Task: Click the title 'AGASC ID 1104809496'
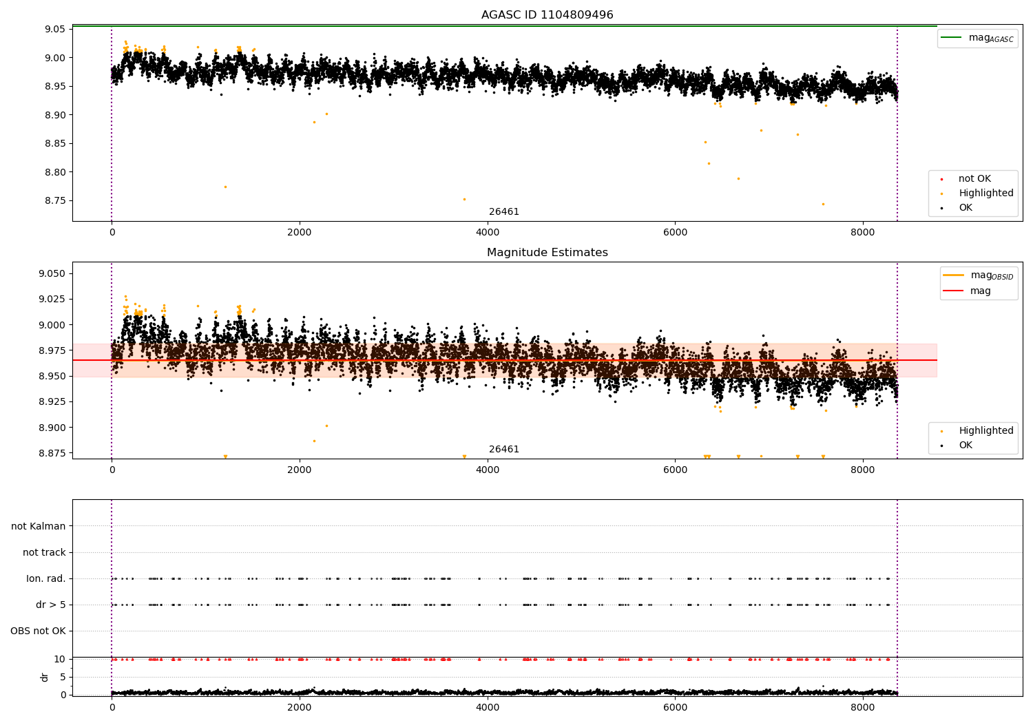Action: pos(547,15)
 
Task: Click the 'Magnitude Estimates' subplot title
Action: pos(547,253)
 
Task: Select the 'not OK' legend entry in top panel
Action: pos(974,179)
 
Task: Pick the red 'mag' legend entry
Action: pos(980,291)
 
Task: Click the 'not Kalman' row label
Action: pos(39,527)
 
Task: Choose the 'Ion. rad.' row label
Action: pos(46,579)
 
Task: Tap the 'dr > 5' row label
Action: pos(51,605)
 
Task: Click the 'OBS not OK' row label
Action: pos(38,631)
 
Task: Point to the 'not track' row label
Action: pos(44,553)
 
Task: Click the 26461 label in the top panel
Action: pos(504,212)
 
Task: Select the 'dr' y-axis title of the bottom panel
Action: pos(45,677)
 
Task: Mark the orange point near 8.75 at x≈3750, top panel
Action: pos(464,199)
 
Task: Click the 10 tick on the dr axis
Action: pos(60,660)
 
